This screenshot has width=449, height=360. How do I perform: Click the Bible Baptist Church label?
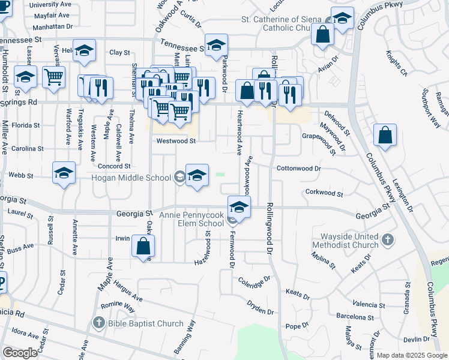(145, 324)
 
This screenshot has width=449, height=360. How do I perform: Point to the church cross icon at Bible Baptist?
(99, 324)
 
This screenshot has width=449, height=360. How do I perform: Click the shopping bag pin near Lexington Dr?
(385, 136)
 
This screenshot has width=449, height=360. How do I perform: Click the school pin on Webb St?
(64, 173)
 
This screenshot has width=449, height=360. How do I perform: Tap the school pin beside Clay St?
(85, 51)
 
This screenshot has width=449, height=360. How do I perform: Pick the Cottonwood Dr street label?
(299, 169)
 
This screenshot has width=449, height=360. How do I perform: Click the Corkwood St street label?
(324, 193)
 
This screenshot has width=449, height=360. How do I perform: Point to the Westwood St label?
(176, 141)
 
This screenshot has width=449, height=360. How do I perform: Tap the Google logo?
(20, 353)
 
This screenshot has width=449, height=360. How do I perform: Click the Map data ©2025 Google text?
(412, 355)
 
